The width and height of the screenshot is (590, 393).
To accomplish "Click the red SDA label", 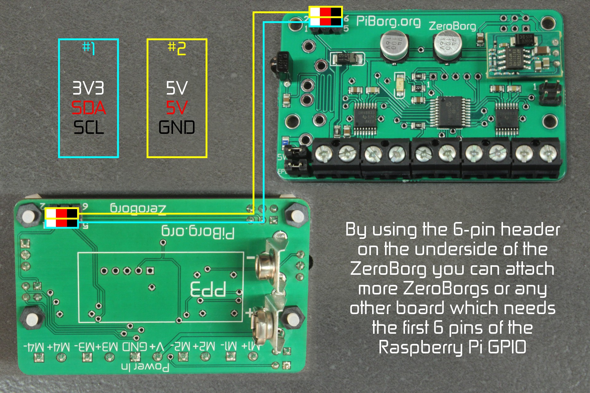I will [88, 108].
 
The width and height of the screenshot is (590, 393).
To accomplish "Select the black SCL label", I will [88, 127].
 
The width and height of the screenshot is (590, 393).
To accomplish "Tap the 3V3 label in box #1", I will [88, 88].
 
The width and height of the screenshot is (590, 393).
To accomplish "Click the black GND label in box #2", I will [177, 127].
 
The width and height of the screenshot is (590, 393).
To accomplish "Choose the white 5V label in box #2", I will [177, 88].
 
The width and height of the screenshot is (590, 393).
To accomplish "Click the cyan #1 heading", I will [88, 48].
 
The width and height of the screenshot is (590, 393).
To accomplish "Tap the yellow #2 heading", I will [177, 48].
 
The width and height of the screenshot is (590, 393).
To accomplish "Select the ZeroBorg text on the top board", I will [452, 26].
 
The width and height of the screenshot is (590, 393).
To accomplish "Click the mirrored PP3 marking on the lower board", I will [208, 289].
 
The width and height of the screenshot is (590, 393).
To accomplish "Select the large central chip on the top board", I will [450, 112].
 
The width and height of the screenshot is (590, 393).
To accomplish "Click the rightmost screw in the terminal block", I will [547, 153].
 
